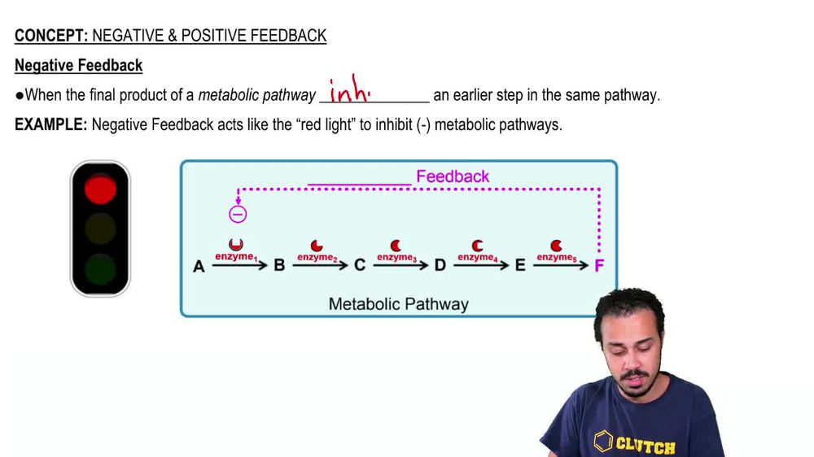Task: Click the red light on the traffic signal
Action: click(x=100, y=189)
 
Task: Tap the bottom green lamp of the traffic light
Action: click(x=100, y=269)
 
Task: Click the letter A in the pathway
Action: click(x=199, y=266)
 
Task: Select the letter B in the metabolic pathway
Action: click(x=279, y=266)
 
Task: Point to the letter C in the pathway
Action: click(x=359, y=266)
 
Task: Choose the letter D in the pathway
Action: click(x=440, y=266)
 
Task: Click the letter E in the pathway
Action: click(x=520, y=266)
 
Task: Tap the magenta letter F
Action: click(x=599, y=266)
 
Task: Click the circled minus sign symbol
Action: click(x=238, y=215)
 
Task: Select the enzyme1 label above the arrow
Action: click(x=235, y=257)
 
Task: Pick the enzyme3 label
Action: click(x=396, y=258)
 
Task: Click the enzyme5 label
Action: click(x=556, y=258)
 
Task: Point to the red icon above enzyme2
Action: click(x=317, y=245)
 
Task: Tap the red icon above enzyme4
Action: click(x=477, y=245)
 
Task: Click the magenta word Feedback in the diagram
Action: click(x=453, y=176)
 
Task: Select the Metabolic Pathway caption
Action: click(x=398, y=304)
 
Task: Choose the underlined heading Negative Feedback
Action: click(x=78, y=65)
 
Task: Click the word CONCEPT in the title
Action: click(x=51, y=35)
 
